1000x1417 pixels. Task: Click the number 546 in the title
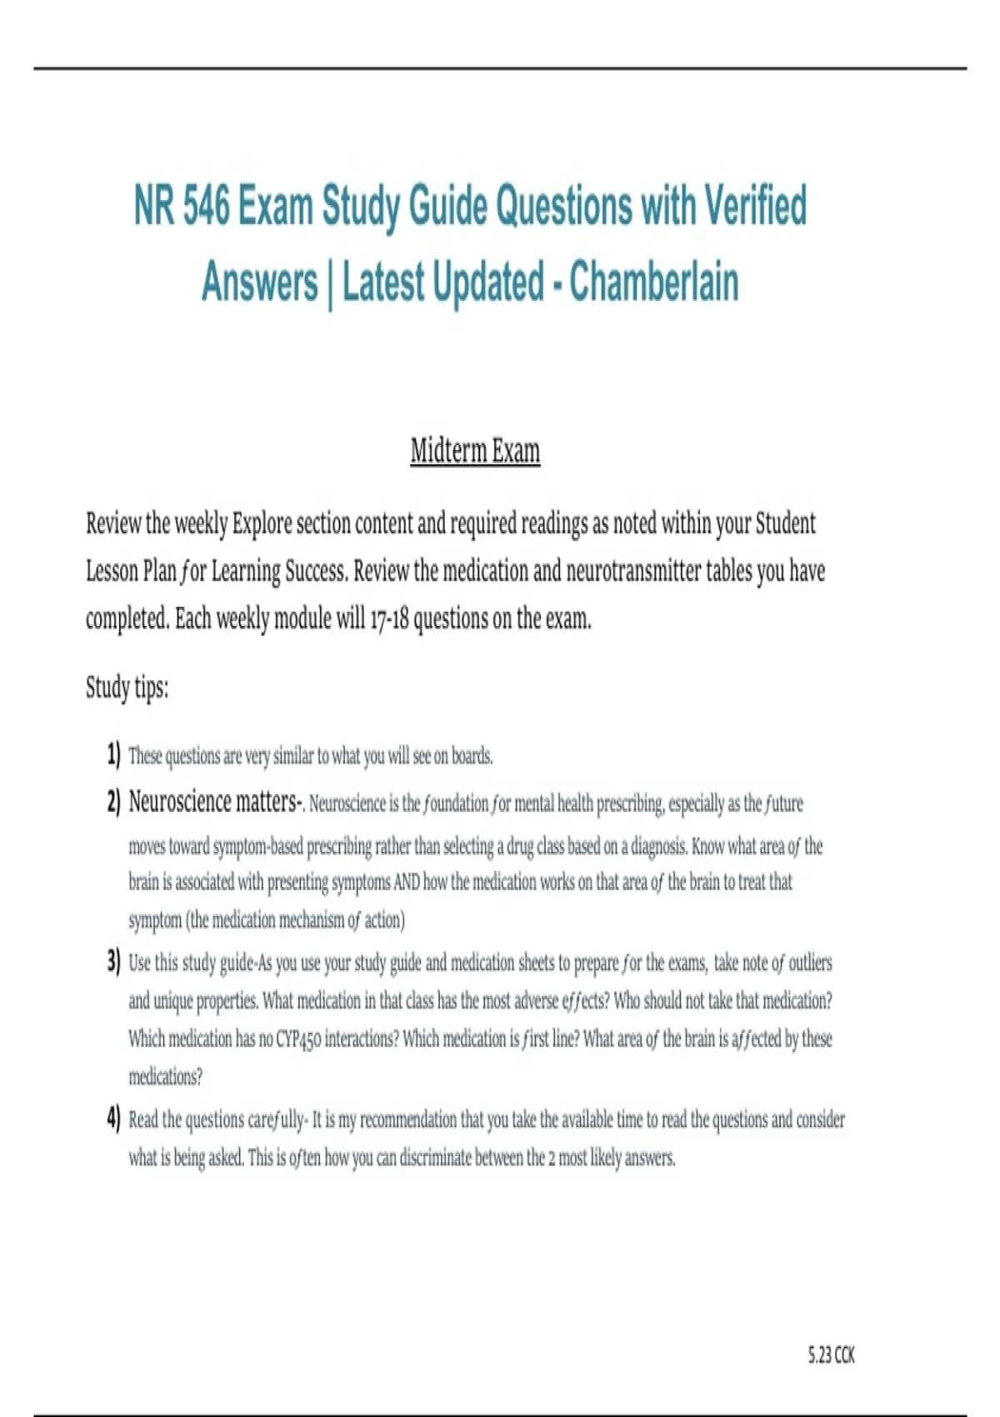pyautogui.click(x=205, y=206)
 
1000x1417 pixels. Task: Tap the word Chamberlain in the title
pyautogui.click(x=654, y=282)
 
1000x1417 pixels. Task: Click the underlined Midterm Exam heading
pyautogui.click(x=475, y=451)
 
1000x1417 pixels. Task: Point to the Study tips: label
pyautogui.click(x=127, y=688)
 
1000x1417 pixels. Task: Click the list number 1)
pyautogui.click(x=113, y=754)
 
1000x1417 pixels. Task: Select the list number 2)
pyautogui.click(x=113, y=802)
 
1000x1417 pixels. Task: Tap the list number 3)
pyautogui.click(x=113, y=961)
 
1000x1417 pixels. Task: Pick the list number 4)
pyautogui.click(x=113, y=1118)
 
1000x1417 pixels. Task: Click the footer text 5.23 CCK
pyautogui.click(x=831, y=1355)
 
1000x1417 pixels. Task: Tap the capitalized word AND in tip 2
pyautogui.click(x=407, y=882)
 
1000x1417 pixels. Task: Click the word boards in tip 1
pyautogui.click(x=472, y=756)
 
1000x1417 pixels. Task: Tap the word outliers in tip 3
pyautogui.click(x=810, y=963)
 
